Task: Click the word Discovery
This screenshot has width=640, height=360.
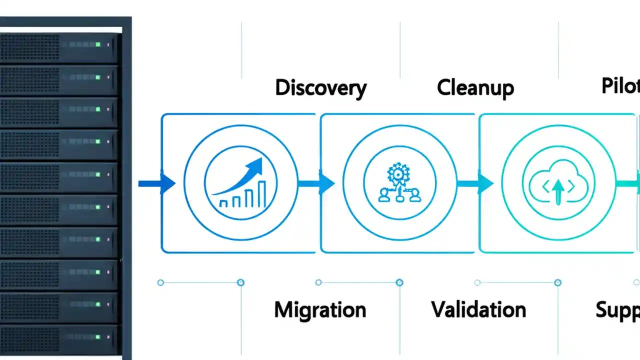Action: coord(320,88)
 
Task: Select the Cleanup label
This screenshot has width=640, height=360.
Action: coord(475,88)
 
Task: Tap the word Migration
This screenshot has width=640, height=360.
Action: coord(320,310)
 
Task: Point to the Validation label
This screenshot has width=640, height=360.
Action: coord(478,310)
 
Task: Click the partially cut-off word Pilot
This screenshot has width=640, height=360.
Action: coord(620,86)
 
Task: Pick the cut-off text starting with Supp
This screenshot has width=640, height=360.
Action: coord(617,310)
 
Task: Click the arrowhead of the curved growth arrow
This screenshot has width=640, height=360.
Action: coord(256,165)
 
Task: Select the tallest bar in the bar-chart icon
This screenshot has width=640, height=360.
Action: coord(261,194)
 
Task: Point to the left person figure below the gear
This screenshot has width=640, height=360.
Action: coord(383,195)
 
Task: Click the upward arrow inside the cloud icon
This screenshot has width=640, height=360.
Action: coord(557,190)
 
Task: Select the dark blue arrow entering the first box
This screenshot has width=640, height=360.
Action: coord(157,183)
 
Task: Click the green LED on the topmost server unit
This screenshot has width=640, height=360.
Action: coord(98,44)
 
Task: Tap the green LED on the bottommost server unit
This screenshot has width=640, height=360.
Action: coord(98,336)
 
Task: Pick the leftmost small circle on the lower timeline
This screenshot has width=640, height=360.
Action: coord(160,282)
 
